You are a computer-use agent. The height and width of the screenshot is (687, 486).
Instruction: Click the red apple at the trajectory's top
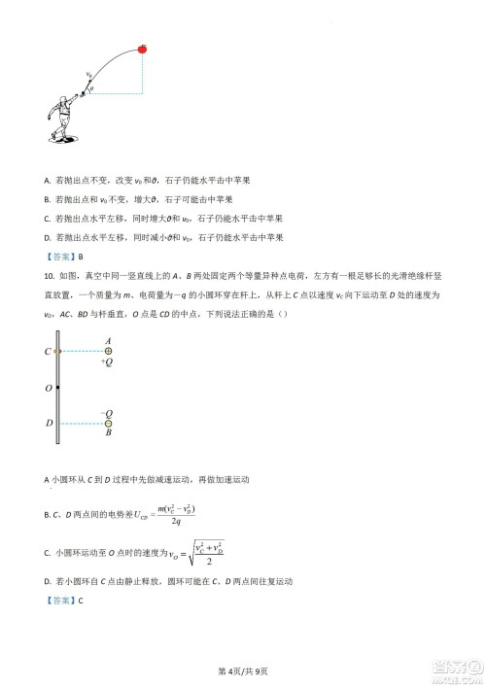point(144,45)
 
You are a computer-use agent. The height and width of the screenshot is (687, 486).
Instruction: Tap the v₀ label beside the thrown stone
point(88,73)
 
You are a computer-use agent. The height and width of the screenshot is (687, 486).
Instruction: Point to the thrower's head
point(76,99)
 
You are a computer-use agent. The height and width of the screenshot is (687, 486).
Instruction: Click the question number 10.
point(50,301)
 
